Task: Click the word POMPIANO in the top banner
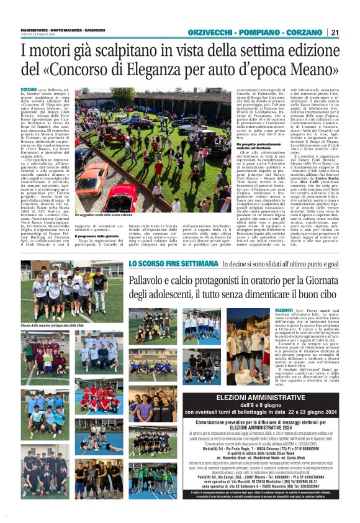click(x=257, y=33)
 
